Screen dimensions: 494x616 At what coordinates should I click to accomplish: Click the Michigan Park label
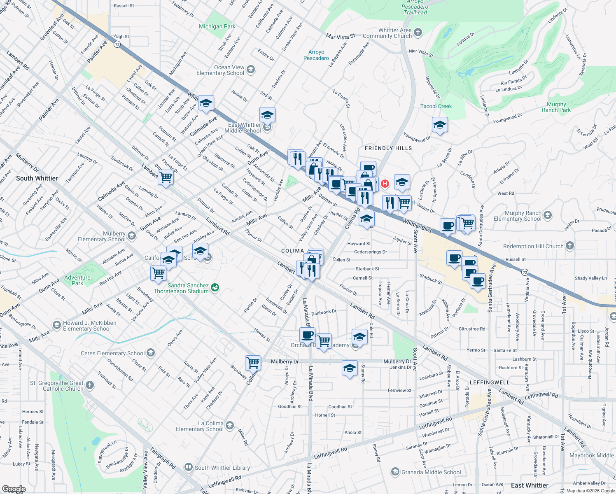[x=217, y=27]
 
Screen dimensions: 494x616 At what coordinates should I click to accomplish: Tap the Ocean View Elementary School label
[x=220, y=70]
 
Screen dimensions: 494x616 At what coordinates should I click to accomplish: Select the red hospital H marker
[x=385, y=184]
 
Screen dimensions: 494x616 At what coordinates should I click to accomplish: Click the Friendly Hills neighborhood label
[x=388, y=148]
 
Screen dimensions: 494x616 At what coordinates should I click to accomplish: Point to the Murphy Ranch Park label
[x=556, y=107]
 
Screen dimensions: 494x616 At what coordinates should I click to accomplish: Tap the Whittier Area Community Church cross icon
[x=418, y=33]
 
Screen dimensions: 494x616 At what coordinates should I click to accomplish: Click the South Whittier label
[x=37, y=178]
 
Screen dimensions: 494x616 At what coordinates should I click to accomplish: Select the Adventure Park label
[x=77, y=280]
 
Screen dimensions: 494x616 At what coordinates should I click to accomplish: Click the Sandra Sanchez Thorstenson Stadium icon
[x=215, y=288]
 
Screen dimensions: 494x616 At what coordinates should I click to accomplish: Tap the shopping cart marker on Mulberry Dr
[x=253, y=363]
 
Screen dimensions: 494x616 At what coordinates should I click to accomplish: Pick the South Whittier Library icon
[x=188, y=467]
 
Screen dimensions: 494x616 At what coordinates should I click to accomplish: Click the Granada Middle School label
[x=431, y=472]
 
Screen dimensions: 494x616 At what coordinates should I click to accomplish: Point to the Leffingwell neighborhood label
[x=490, y=382]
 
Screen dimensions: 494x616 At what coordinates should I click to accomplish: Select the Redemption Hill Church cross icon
[x=569, y=246]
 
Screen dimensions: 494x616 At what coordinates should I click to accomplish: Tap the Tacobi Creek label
[x=436, y=106]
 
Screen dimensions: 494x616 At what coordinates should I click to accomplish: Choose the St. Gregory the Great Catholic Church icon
[x=90, y=385]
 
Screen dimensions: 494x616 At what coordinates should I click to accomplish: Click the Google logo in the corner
[x=14, y=489]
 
